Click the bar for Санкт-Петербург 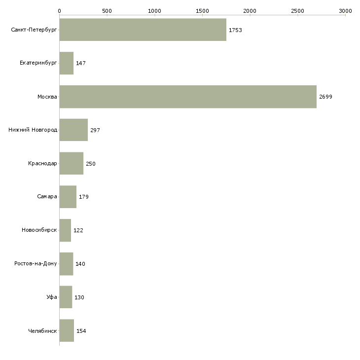coord(143,30)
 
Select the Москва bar coord(188,97)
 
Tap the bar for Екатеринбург coord(67,63)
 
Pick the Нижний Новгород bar coord(73,130)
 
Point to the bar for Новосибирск coord(65,230)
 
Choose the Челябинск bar coord(67,330)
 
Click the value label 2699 coord(325,97)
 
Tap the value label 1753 coord(235,30)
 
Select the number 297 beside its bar coord(95,130)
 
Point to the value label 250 coord(91,164)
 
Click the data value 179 coord(84,197)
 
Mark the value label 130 coord(79,297)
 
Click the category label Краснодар coord(42,164)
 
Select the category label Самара coord(47,197)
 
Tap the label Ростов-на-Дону coord(36,263)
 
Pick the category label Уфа coord(52,297)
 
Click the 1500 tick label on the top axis coord(202,11)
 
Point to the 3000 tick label coord(345,11)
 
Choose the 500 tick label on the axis coord(107,11)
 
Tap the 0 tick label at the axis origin coord(60,11)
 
